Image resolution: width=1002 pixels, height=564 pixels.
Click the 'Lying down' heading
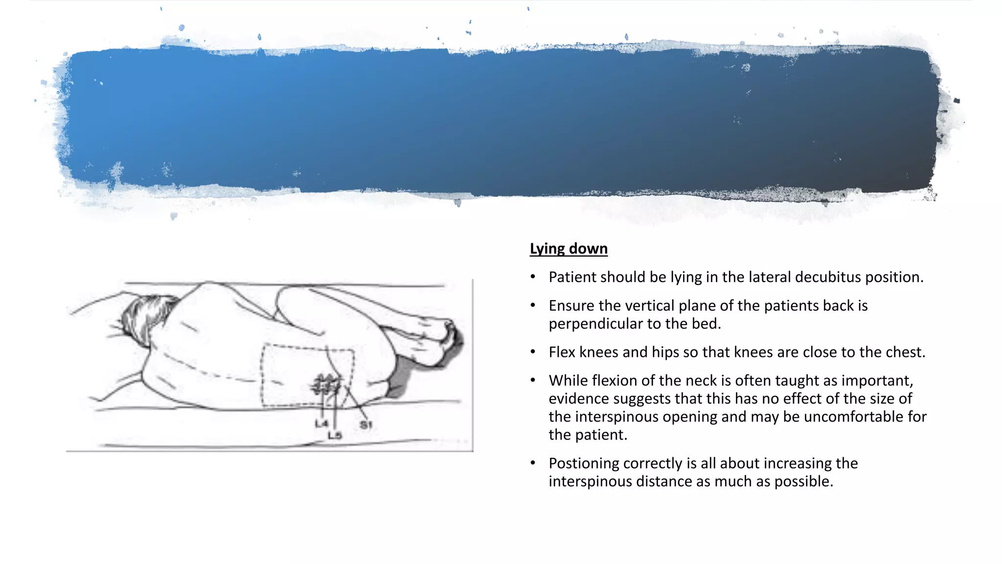(x=569, y=249)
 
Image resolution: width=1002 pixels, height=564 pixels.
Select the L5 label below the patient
(x=335, y=435)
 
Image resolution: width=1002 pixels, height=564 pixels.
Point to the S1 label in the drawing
(x=366, y=425)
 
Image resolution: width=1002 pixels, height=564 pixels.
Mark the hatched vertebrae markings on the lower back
(x=326, y=385)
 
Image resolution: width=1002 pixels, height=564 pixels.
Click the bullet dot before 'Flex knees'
(x=533, y=352)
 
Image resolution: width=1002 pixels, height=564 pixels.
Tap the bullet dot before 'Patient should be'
(x=533, y=277)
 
